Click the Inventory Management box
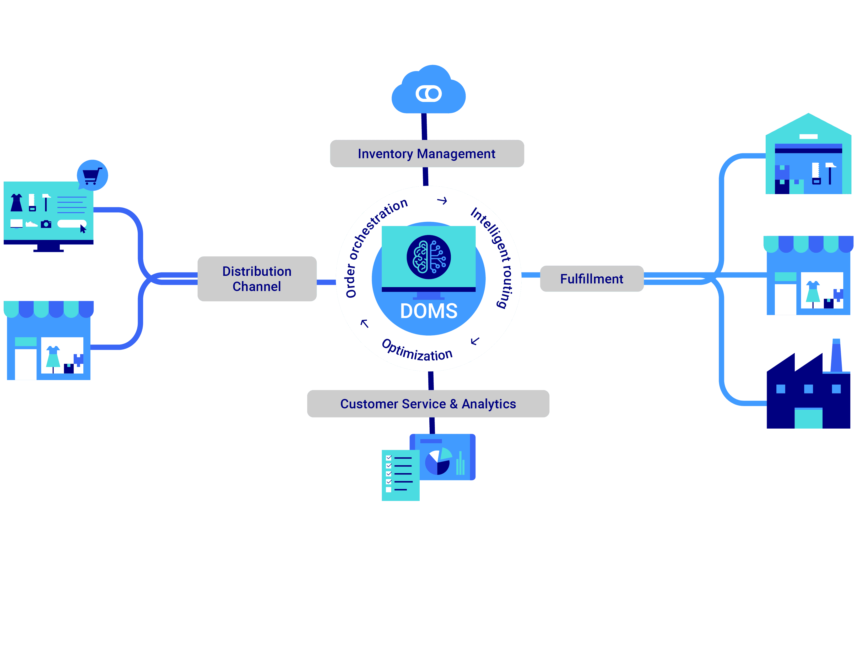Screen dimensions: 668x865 pos(426,154)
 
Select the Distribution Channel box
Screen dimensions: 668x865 pos(257,279)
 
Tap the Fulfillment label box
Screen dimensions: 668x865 pos(591,279)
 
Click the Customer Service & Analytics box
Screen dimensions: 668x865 pos(428,404)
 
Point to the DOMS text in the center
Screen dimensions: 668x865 pos(429,311)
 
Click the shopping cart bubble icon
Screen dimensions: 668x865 pos(92,175)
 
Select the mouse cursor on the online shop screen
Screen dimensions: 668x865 pos(83,229)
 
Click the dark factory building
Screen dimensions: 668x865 pos(808,396)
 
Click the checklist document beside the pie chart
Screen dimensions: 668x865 pos(400,475)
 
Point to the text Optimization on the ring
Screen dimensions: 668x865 pos(417,351)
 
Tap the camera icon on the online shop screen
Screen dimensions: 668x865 pos(46,224)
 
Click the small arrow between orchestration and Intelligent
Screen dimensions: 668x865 pos(442,201)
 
